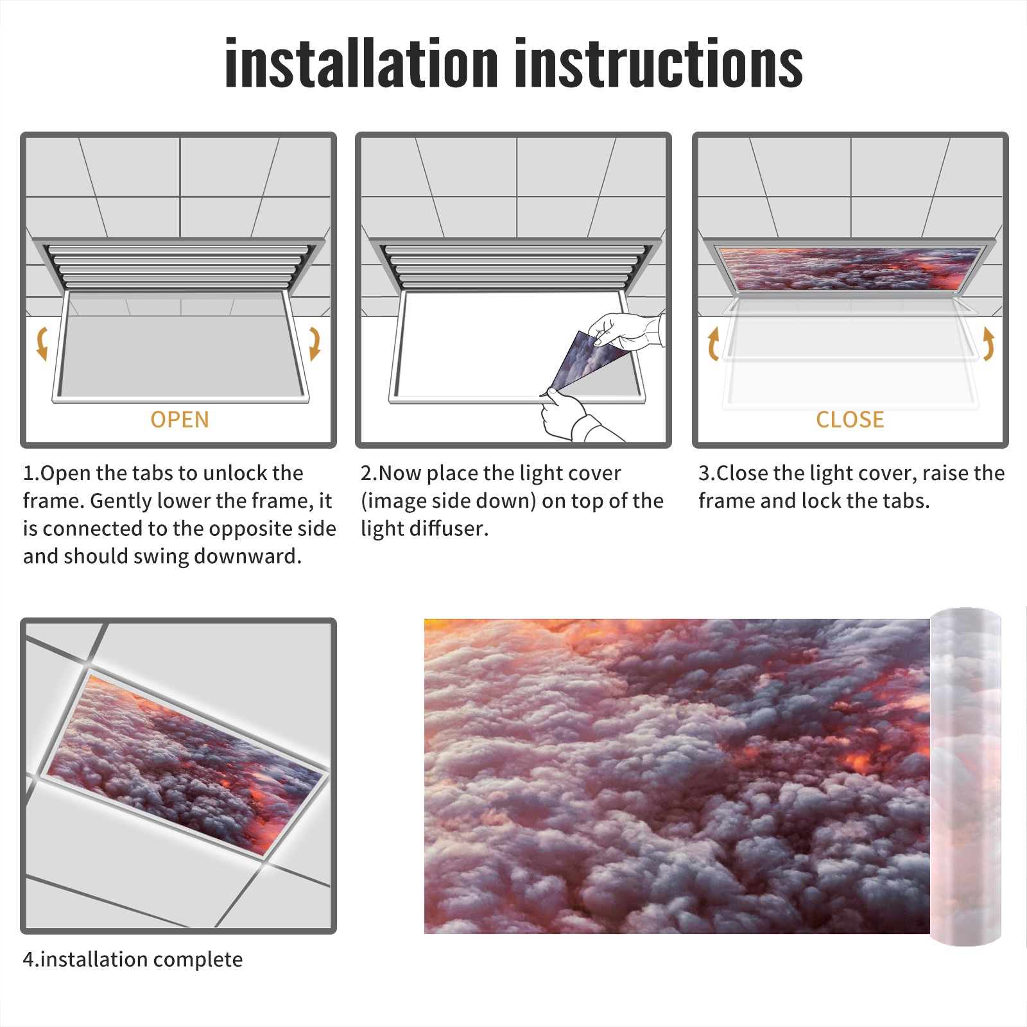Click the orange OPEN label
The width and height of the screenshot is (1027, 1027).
[180, 419]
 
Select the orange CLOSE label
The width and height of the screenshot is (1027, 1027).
[850, 419]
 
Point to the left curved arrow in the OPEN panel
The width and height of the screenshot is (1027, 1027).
[42, 343]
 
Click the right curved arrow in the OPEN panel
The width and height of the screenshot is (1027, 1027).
[315, 343]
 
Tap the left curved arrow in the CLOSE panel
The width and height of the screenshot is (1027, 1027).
[713, 343]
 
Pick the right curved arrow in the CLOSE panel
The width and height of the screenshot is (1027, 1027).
[988, 343]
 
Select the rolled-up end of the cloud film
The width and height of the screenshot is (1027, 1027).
[965, 777]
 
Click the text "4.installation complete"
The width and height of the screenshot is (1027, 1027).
[133, 960]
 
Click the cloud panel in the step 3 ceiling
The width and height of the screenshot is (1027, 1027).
[850, 268]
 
